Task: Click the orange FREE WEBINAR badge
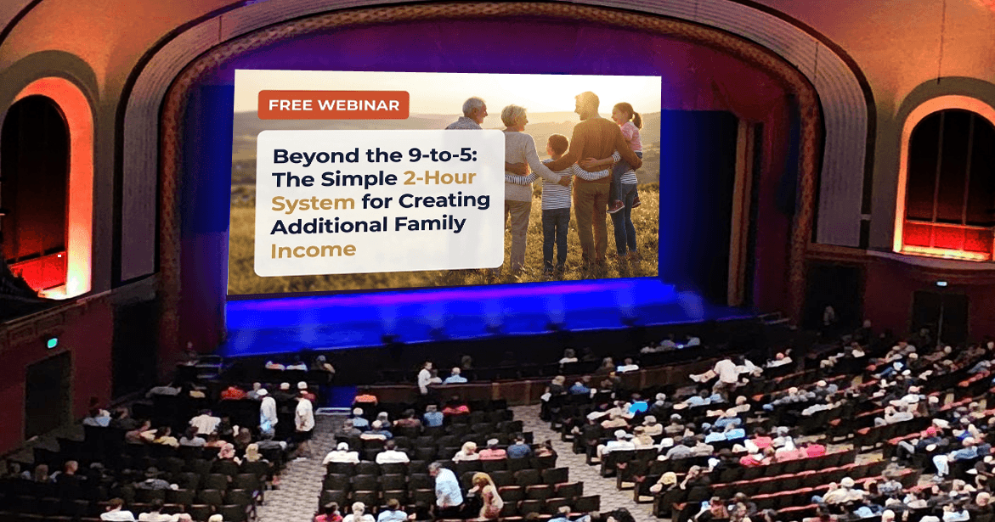[333, 105]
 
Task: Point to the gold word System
[313, 204]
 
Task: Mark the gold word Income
[313, 251]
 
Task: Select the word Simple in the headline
[359, 179]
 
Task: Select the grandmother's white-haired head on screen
[513, 117]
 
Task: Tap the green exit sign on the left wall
[51, 343]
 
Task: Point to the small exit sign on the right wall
[942, 283]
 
